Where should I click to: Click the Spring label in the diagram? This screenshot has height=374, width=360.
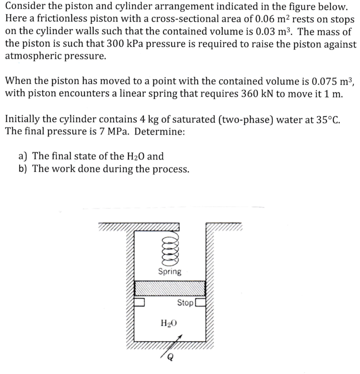coord(169,271)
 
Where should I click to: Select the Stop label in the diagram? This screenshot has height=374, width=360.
coord(185,303)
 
